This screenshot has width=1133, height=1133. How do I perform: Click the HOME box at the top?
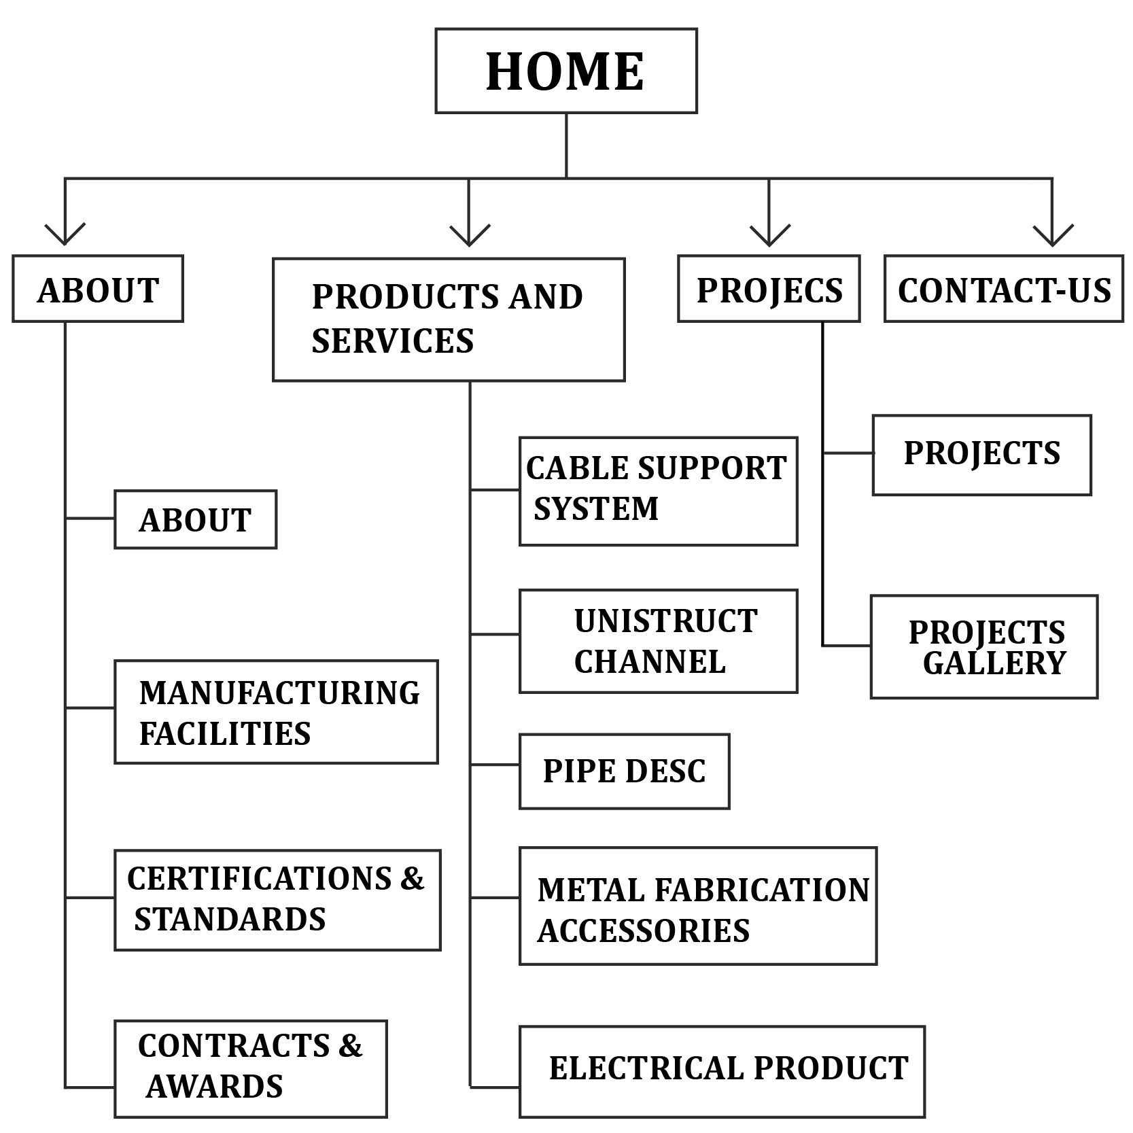pos(565,71)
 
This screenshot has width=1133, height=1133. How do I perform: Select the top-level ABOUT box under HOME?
pos(98,289)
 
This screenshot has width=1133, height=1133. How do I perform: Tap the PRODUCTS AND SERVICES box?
pos(449,319)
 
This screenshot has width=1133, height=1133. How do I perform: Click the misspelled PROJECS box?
pos(769,289)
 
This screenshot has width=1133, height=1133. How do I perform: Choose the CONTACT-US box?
pos(1003,289)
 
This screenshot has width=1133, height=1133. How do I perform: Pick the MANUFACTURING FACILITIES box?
pos(276,712)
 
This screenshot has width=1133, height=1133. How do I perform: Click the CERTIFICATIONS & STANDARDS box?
pos(277,900)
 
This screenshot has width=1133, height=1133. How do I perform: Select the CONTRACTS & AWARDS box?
pos(250,1068)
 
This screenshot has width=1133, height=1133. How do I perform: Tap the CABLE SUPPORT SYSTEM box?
pos(658,491)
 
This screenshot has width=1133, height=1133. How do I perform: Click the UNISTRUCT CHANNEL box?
pos(658,641)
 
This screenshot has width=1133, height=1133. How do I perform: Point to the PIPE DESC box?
pos(624,771)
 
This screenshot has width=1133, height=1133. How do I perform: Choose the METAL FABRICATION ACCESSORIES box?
pos(698,906)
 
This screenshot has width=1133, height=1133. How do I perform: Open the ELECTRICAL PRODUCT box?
pos(722,1072)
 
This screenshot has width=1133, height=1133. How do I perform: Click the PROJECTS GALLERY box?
pos(983,647)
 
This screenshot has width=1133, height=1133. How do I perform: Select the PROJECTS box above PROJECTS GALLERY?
pos(981,455)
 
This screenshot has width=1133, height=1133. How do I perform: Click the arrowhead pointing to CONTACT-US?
pos(1052,235)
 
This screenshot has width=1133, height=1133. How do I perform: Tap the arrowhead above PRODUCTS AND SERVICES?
pos(469,235)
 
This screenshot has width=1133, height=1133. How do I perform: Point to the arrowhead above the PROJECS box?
pos(769,235)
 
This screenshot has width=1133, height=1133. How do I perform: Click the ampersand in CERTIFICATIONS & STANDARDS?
pos(412,879)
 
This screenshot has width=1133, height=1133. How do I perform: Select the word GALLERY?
pos(994,663)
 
